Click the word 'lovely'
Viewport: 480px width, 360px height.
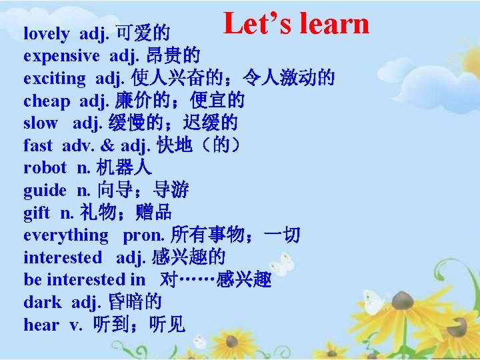pyautogui.click(x=46, y=33)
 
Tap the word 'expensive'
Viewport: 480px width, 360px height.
pyautogui.click(x=61, y=56)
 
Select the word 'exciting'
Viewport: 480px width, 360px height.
pyautogui.click(x=55, y=79)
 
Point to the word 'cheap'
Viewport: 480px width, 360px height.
pyautogui.click(x=47, y=101)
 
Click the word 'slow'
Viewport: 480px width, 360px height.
pyautogui.click(x=41, y=123)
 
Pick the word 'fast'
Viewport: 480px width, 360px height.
pyautogui.click(x=37, y=145)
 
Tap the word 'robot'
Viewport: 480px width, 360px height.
pyautogui.click(x=45, y=168)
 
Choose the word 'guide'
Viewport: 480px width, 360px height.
pyautogui.click(x=45, y=191)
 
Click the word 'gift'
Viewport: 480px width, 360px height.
pyautogui.click(x=37, y=213)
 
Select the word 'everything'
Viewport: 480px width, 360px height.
pyautogui.click(x=66, y=235)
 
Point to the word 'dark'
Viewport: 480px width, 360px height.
pyautogui.click(x=42, y=302)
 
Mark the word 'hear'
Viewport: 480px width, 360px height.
pyautogui.click(x=41, y=325)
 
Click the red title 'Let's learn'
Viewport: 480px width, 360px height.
pyautogui.click(x=296, y=23)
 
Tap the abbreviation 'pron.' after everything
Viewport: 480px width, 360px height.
pyautogui.click(x=143, y=235)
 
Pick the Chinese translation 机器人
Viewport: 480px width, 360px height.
pyautogui.click(x=124, y=168)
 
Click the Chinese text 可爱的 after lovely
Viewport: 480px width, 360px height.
pyautogui.click(x=143, y=33)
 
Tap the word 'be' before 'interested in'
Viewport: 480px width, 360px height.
pyautogui.click(x=31, y=279)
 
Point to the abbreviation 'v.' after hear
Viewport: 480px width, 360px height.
pyautogui.click(x=74, y=325)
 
